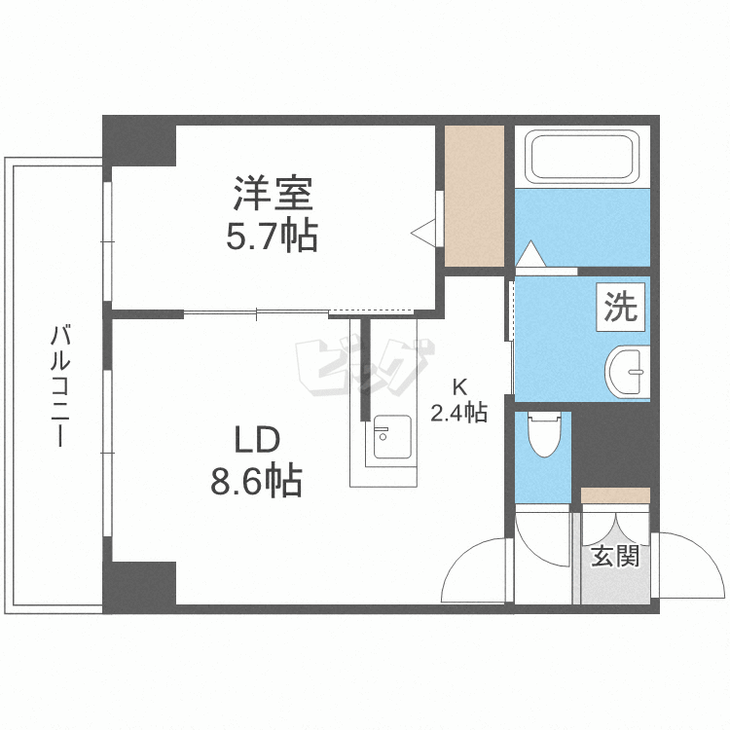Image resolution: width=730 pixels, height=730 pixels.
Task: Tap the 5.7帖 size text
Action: click(273, 236)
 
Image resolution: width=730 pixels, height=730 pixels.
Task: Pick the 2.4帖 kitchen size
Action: click(458, 412)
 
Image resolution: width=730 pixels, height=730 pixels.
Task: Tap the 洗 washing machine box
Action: click(621, 307)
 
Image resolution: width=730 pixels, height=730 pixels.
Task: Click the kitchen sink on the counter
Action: click(389, 438)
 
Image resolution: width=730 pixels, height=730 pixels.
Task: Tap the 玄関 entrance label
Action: click(616, 557)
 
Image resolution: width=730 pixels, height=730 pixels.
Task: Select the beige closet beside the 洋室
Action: click(474, 196)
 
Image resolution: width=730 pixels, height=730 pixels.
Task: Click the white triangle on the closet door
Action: click(425, 233)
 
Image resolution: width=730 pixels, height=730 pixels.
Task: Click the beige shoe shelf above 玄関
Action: click(615, 495)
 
